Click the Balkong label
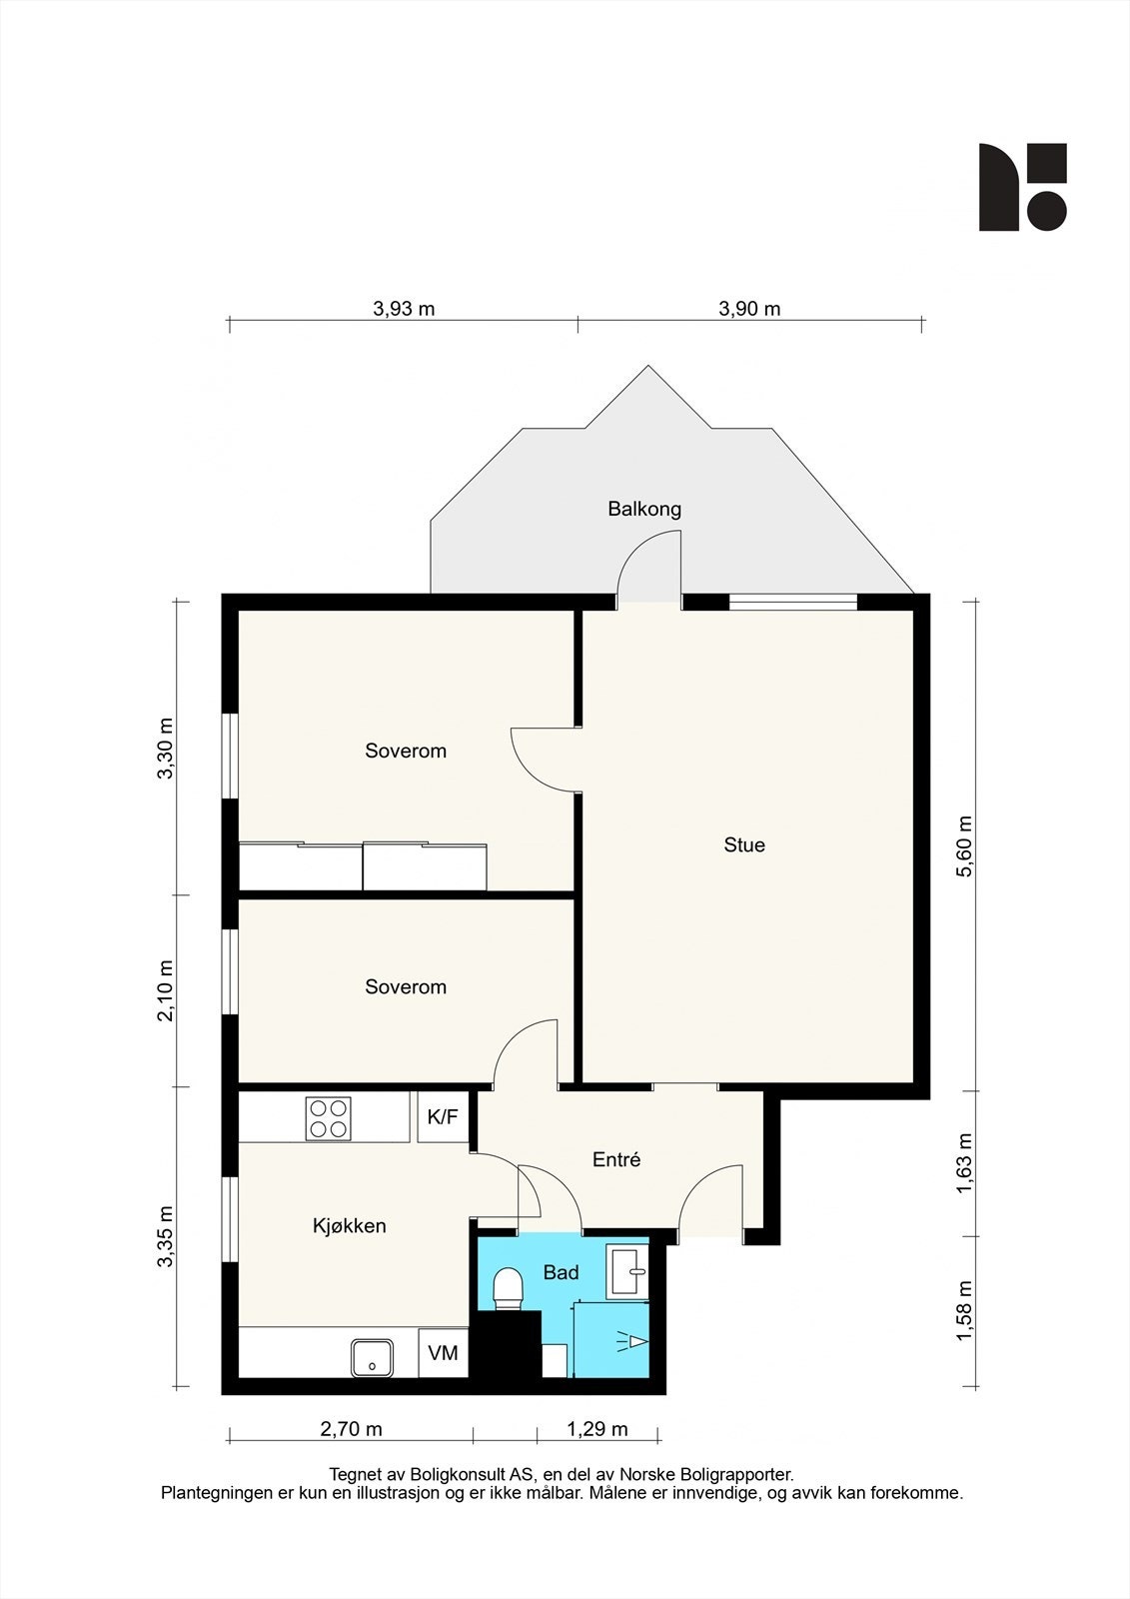[643, 509]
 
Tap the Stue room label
[744, 844]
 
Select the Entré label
[616, 1159]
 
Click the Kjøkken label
[349, 1225]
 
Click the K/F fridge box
[443, 1117]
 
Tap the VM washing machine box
[443, 1353]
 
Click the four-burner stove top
[329, 1118]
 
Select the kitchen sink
[372, 1357]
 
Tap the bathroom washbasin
[627, 1272]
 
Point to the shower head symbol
[632, 1342]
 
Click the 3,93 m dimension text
[404, 309]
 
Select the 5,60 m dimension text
[965, 845]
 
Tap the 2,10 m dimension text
[165, 990]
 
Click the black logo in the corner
[1022, 187]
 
